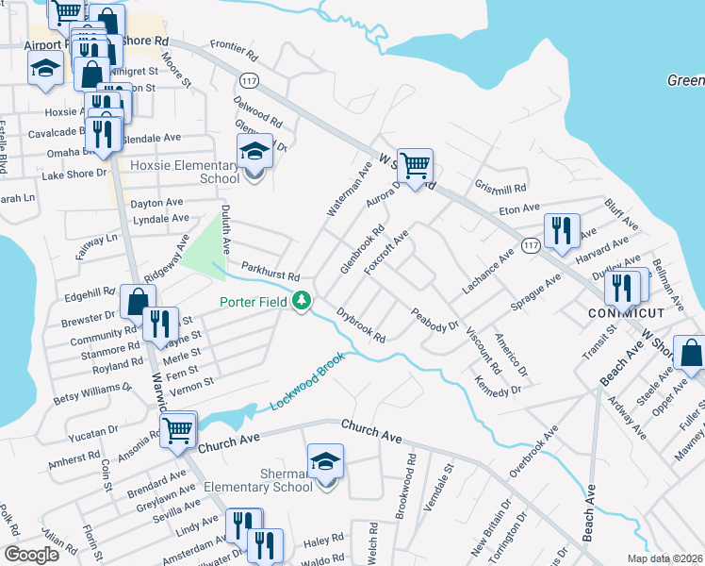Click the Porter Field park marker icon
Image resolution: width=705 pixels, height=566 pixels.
[303, 302]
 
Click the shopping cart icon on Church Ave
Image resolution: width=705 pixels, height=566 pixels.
[177, 430]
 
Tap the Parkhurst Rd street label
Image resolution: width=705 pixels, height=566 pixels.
[270, 273]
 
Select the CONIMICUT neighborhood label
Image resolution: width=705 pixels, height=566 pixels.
[620, 311]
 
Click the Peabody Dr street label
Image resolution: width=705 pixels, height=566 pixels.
[434, 319]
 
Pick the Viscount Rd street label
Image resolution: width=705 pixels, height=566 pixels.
[481, 351]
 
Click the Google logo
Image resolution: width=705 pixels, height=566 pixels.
[31, 554]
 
